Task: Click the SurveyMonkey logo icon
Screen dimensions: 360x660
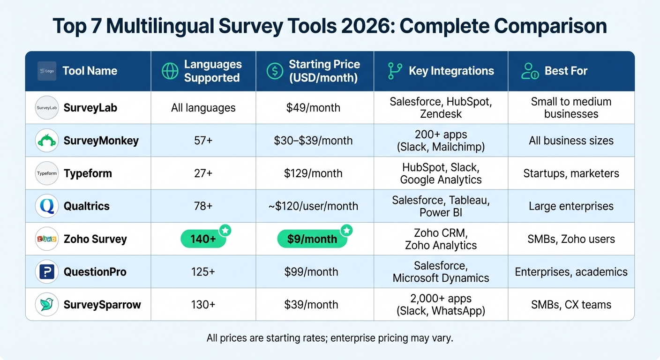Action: coord(47,141)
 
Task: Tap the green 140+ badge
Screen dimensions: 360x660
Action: coord(203,239)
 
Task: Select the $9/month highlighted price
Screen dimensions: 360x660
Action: coord(312,239)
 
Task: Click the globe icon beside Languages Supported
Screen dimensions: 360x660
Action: coord(170,71)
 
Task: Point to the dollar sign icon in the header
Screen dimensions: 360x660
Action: coord(275,71)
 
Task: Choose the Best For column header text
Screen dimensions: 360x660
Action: coord(566,71)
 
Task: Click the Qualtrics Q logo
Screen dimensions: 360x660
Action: coord(47,206)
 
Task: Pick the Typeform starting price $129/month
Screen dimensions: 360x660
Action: coord(313,173)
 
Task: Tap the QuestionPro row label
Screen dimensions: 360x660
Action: coord(95,272)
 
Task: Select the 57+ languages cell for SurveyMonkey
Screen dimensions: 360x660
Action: coord(203,141)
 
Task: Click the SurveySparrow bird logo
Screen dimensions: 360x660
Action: coord(47,305)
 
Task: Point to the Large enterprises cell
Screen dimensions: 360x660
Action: coord(571,206)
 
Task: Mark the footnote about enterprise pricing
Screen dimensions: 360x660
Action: coord(330,338)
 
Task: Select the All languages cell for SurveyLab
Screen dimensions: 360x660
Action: coord(203,108)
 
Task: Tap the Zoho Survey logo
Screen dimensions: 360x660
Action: coord(47,239)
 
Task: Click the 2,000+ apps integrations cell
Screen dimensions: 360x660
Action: coord(441,305)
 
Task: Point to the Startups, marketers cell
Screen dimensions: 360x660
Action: coord(571,173)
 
